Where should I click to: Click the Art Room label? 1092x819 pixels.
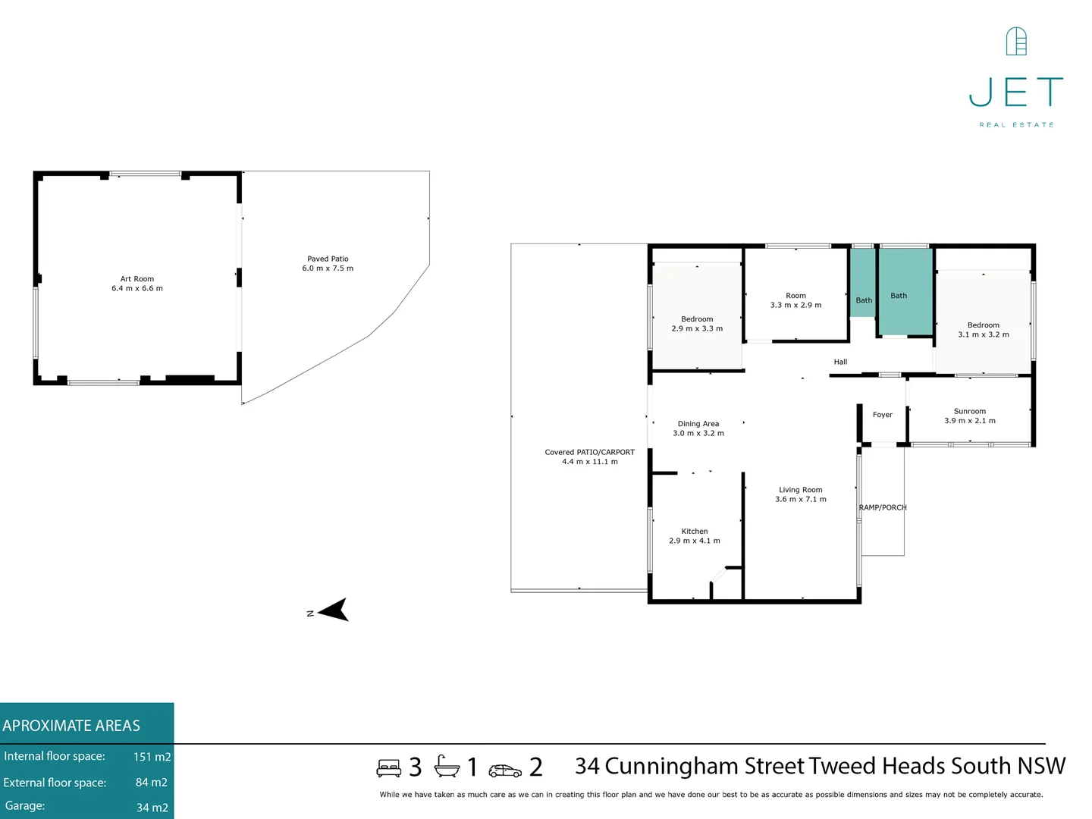pos(137,279)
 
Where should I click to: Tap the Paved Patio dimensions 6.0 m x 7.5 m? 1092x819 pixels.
pos(328,268)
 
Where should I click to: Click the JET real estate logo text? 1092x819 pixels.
pos(1016,93)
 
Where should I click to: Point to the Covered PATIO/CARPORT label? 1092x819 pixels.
pos(589,452)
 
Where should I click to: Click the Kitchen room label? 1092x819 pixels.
pos(694,532)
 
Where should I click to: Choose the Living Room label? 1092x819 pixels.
pos(800,490)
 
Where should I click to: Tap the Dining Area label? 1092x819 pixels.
pos(698,424)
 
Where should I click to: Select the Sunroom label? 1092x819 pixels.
pos(969,411)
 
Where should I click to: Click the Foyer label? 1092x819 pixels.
pos(882,415)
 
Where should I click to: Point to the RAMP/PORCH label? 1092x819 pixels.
pos(882,508)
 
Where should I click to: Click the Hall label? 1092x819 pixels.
pos(840,362)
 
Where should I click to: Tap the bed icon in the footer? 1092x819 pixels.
pos(389,768)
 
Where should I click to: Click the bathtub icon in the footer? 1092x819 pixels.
pos(447,767)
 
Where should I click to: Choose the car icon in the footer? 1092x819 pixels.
pos(505,770)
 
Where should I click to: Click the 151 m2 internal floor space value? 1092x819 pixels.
pos(152,757)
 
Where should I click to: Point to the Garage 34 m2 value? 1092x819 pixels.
pos(152,808)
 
